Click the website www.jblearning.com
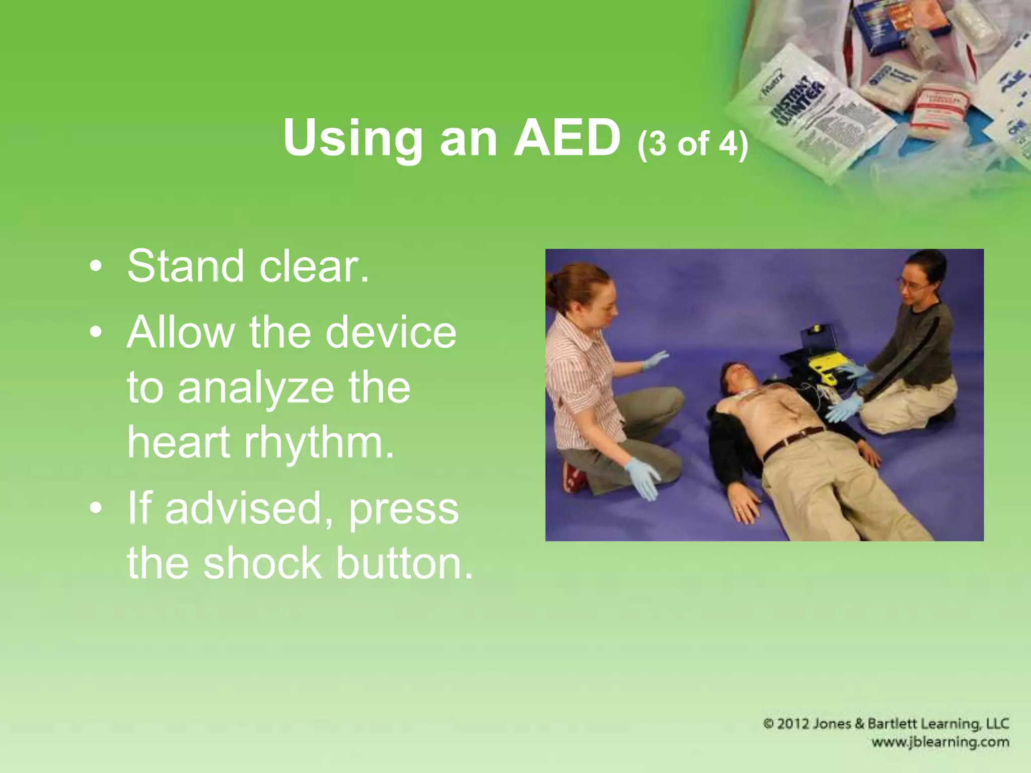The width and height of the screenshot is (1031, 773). click(x=940, y=742)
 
